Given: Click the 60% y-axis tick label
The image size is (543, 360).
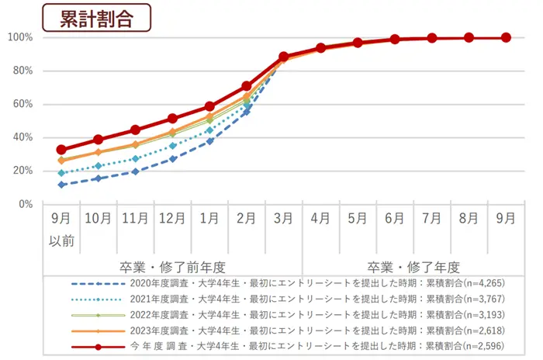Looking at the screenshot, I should [21, 104].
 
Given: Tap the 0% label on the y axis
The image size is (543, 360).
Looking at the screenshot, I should [24, 204].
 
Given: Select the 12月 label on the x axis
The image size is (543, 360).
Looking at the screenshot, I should [172, 219].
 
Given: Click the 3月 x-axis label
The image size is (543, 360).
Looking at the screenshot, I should [283, 219].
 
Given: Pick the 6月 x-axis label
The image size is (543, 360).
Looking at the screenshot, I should [395, 219].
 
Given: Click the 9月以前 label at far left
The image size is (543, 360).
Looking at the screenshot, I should [61, 230].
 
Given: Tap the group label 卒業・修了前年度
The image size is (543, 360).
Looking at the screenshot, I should [172, 265].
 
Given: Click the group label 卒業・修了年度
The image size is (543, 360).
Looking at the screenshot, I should [413, 265].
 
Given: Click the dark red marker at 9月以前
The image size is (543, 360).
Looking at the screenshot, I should [61, 150].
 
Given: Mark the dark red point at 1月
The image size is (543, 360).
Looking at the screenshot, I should [209, 106].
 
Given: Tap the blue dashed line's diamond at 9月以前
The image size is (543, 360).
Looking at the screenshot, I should [61, 185].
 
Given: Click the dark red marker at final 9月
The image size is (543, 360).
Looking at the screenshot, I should [506, 37].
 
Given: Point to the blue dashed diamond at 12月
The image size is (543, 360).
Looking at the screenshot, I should [172, 159].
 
